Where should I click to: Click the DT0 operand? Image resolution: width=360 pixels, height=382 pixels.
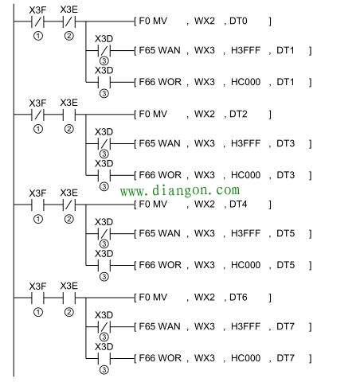[238, 21]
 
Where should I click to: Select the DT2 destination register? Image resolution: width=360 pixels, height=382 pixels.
[238, 114]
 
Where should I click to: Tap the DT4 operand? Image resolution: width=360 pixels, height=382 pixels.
[238, 205]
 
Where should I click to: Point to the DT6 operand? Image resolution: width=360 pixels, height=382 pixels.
[238, 298]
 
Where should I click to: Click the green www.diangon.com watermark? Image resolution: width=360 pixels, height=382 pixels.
[180, 190]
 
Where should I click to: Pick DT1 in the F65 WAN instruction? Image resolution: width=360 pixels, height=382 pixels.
[285, 50]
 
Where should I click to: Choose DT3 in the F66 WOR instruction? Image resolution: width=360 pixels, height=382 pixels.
[285, 175]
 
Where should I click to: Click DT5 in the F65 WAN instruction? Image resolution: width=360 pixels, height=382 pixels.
[285, 233]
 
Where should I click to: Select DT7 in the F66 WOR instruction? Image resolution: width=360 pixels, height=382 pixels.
[285, 358]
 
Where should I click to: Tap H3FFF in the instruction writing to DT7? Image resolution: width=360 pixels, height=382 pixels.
[245, 326]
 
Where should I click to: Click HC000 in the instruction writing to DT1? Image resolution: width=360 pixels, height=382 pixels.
[245, 82]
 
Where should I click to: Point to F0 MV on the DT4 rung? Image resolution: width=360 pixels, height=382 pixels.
[153, 205]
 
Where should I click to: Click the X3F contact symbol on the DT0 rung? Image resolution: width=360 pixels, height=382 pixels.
[37, 21]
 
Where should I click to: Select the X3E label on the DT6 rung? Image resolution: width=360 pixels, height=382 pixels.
[68, 286]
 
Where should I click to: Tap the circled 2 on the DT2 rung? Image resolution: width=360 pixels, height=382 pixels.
[68, 129]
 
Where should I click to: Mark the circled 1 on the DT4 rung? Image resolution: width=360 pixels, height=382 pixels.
[38, 219]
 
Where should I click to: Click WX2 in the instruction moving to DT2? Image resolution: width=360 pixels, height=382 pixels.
[205, 114]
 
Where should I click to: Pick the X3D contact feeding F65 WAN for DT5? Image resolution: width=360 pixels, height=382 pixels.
[104, 234]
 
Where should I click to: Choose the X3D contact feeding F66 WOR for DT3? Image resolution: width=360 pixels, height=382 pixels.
[104, 175]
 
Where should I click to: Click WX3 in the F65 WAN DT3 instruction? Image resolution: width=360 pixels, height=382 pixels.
[205, 143]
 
